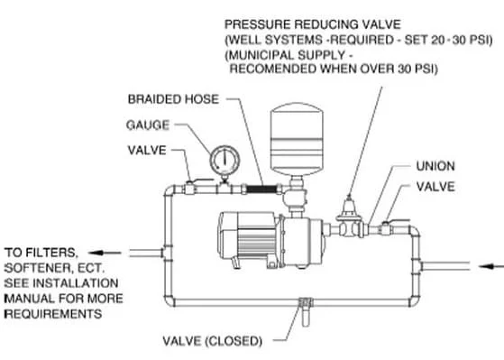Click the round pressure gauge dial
pyautogui.click(x=225, y=161)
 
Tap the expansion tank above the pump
pyautogui.click(x=297, y=139)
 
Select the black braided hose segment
pyautogui.click(x=261, y=189)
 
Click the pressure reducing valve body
pyautogui.click(x=349, y=217)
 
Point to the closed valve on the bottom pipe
pyautogui.click(x=306, y=309)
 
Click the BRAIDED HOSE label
pyautogui.click(x=173, y=99)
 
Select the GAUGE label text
pyautogui.click(x=148, y=125)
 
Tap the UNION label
pyautogui.click(x=435, y=166)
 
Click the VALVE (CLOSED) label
pyautogui.click(x=213, y=341)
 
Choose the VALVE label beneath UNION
pyautogui.click(x=435, y=187)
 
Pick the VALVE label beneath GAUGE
pyautogui.click(x=147, y=151)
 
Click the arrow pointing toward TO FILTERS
pyautogui.click(x=105, y=253)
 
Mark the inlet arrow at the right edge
pyautogui.click(x=491, y=266)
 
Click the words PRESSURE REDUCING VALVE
pyautogui.click(x=313, y=24)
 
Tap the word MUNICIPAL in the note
pyautogui.click(x=261, y=55)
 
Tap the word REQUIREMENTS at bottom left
pyautogui.click(x=53, y=314)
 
